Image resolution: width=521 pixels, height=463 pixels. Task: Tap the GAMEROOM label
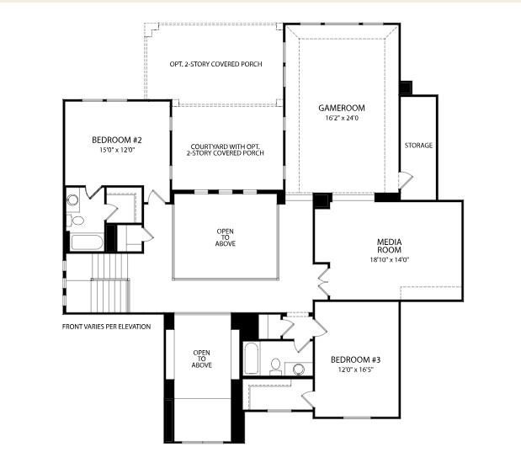(340, 109)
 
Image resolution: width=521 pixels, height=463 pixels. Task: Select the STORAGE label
(418, 146)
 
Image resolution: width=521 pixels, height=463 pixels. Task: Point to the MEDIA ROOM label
(388, 246)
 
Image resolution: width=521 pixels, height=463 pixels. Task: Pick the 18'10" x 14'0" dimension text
(388, 260)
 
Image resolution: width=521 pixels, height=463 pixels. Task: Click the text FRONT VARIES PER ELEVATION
(106, 326)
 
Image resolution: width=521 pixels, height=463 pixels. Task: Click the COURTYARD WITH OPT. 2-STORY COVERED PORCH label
(227, 150)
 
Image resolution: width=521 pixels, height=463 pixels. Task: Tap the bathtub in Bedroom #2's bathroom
(86, 243)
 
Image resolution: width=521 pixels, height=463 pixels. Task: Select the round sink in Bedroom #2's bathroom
(72, 200)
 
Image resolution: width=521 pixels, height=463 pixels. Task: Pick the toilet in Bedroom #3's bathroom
(275, 365)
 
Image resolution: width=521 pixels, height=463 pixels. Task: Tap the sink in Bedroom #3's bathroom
(297, 368)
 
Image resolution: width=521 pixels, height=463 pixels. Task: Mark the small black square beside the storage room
(406, 87)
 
